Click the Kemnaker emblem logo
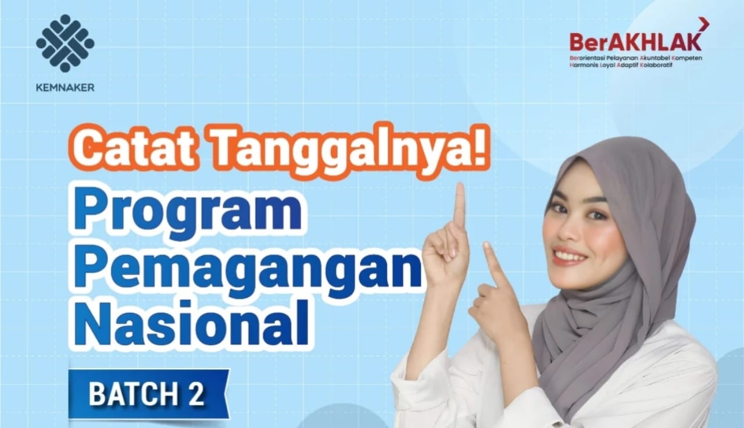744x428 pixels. click(x=65, y=44)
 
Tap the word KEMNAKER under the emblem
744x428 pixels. click(x=65, y=88)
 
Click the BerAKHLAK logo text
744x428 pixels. click(x=635, y=42)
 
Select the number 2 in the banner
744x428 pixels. click(x=196, y=395)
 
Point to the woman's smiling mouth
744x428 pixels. click(x=570, y=255)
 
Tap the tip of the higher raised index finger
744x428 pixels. click(x=460, y=187)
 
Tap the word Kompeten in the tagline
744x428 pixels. click(x=685, y=59)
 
